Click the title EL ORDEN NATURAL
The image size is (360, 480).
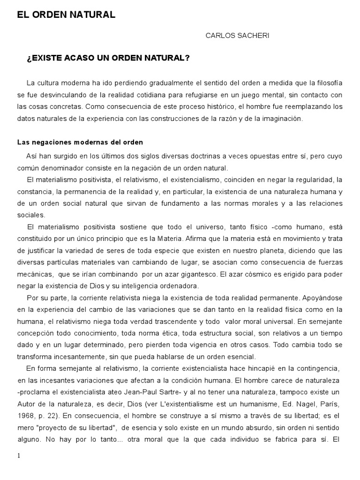[66, 15]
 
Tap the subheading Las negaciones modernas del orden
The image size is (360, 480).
[80, 142]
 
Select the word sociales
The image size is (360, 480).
[31, 215]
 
